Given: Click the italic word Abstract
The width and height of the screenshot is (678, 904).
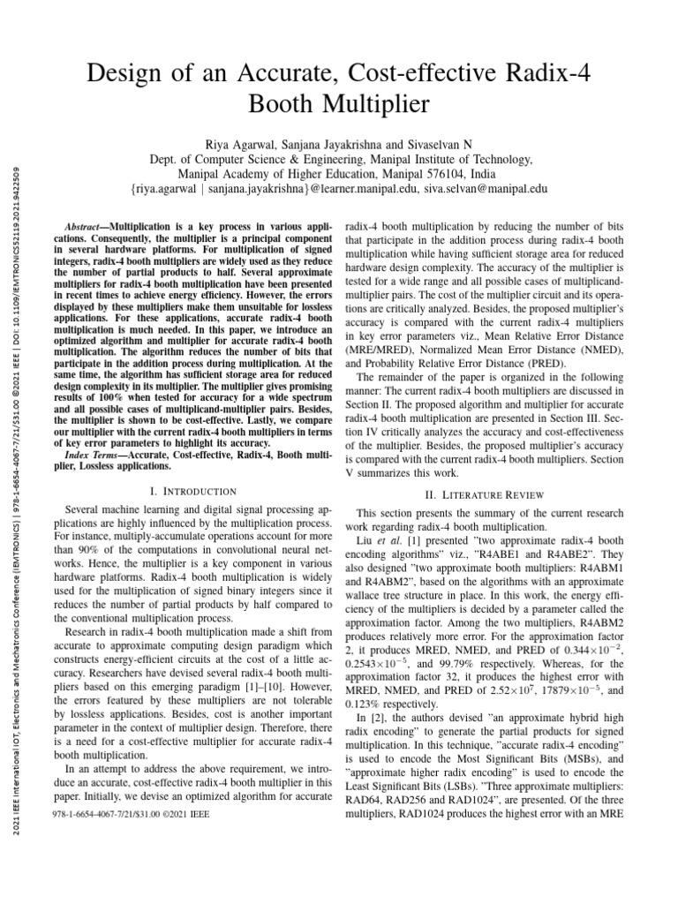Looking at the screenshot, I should pos(87,226).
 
